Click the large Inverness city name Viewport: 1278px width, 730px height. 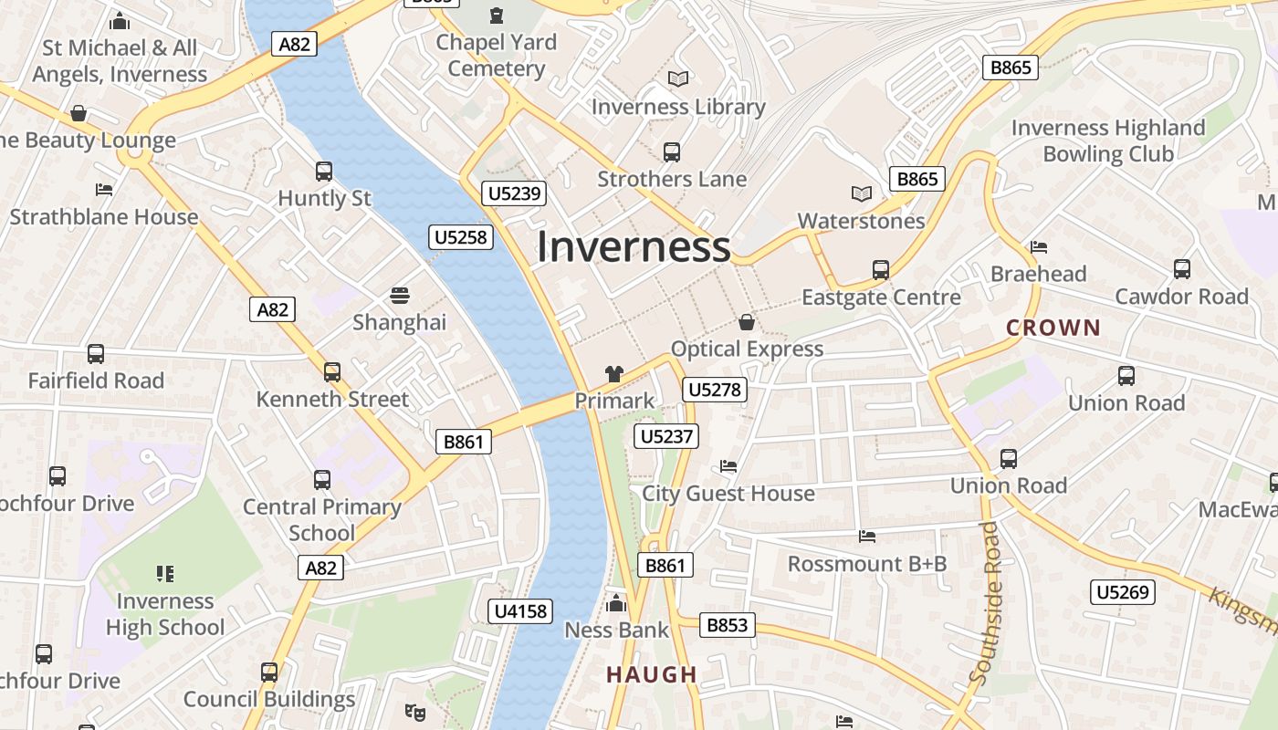[x=634, y=247]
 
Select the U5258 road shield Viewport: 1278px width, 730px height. [x=461, y=237]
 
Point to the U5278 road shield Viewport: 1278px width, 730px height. [x=715, y=391]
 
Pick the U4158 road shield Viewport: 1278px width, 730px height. [x=520, y=611]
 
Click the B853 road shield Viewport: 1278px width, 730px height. [x=728, y=625]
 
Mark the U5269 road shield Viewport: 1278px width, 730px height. [x=1123, y=592]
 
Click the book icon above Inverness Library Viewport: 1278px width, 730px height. [x=677, y=79]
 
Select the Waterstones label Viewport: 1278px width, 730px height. [x=861, y=221]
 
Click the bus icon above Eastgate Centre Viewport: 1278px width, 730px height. [x=881, y=270]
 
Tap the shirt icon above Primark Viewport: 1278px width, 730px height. [x=614, y=374]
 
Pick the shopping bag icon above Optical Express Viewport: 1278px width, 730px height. [x=747, y=322]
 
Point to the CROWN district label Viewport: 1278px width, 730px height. [x=1053, y=328]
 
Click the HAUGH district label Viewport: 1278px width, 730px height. [x=652, y=675]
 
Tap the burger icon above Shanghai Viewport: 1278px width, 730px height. [x=399, y=295]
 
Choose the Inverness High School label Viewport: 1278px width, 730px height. [x=165, y=614]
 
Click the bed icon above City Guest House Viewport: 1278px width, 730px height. [x=728, y=466]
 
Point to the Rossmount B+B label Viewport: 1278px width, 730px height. [x=867, y=564]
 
